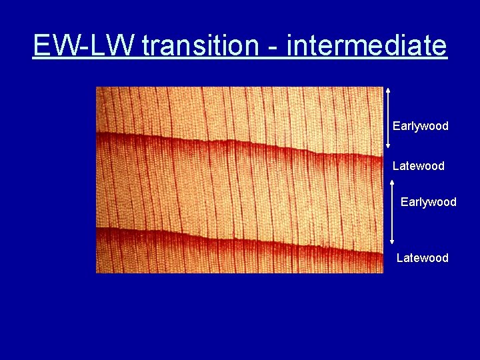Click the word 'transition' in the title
coord(199,46)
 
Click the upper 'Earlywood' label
coord(420,126)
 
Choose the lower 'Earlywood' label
coord(428,202)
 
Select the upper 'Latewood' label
coord(418,166)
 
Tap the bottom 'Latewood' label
coord(422,258)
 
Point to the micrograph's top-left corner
coord(97,87)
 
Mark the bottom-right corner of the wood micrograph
coord(383,273)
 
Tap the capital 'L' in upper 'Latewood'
coord(396,166)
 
